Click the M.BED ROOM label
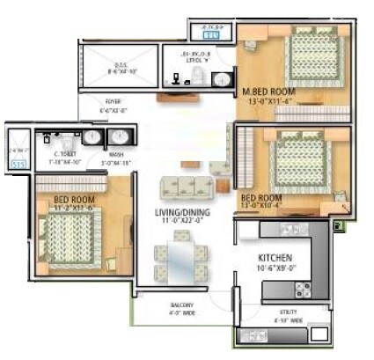(268, 91)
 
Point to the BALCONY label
(182, 306)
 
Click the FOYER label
(115, 101)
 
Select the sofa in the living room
(187, 186)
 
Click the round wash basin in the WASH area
(119, 137)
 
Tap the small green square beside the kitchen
(339, 227)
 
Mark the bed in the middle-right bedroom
(304, 158)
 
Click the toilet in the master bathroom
(198, 81)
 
